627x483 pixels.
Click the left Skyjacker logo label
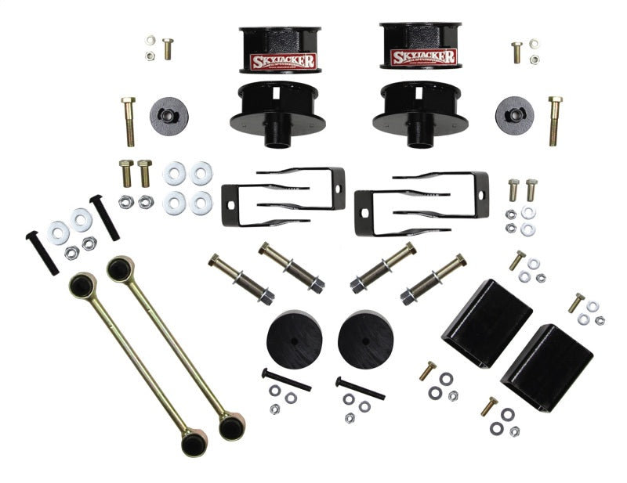[283, 61]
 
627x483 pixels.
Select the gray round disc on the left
[169, 114]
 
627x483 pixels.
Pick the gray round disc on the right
[514, 114]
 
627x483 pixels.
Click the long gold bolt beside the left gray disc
[129, 121]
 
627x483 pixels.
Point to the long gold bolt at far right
[555, 121]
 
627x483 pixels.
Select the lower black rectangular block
[546, 366]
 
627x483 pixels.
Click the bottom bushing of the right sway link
[230, 426]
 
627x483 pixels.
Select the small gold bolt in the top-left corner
[166, 49]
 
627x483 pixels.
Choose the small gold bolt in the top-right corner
[516, 52]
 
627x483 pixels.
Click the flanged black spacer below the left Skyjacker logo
[272, 110]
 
